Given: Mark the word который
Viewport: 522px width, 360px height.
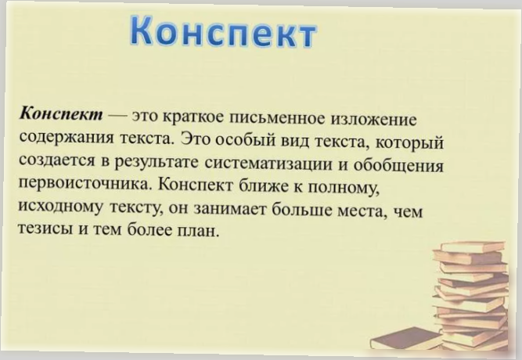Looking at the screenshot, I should click(414, 144).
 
